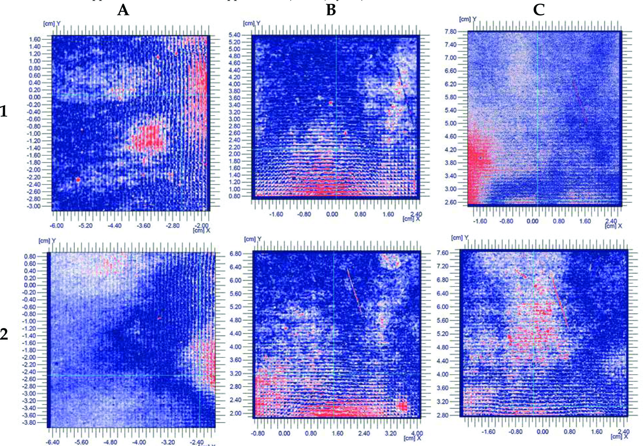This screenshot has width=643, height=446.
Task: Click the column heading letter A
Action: point(123,10)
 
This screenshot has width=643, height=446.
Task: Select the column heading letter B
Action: point(331,10)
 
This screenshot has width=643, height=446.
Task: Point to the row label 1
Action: point(4,111)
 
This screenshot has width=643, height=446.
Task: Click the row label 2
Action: point(4,334)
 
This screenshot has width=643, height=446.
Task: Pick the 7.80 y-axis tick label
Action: point(451,32)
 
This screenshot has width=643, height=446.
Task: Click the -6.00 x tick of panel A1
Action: point(57,226)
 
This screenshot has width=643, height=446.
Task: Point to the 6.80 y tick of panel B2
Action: point(235,254)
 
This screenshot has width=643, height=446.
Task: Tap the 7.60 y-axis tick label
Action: point(443,253)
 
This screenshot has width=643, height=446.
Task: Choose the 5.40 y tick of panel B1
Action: point(234,35)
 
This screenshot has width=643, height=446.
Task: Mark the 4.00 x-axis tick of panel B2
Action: point(417,433)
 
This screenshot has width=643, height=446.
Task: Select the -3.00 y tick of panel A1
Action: point(34,206)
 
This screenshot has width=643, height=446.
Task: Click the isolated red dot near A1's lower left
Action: point(78,180)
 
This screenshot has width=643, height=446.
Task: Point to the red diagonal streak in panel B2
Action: point(354,292)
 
